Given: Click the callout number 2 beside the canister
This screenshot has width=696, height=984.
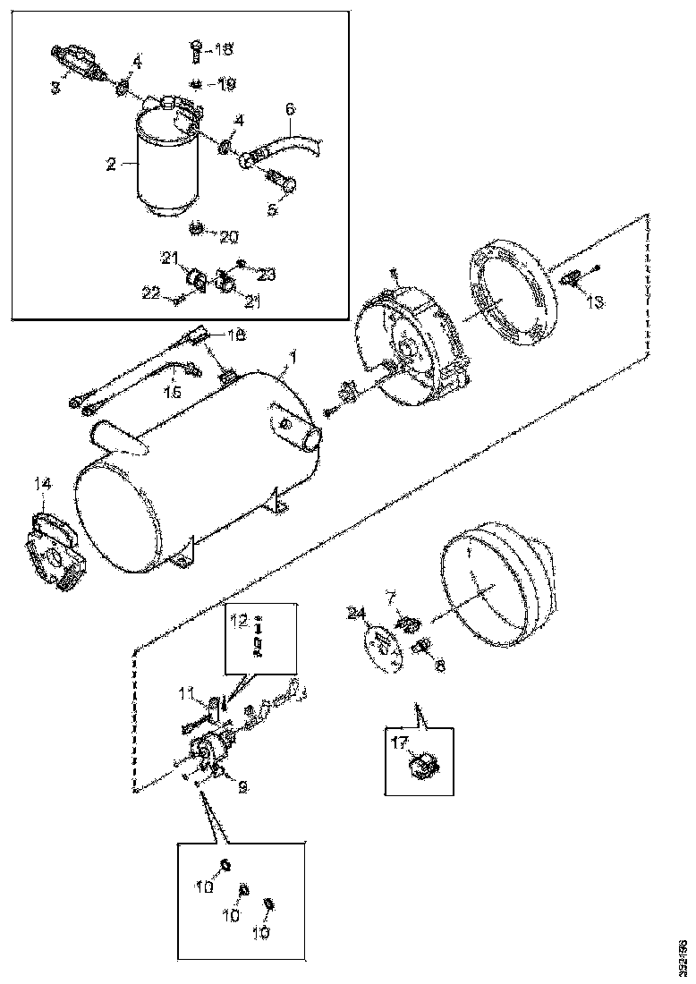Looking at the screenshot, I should tap(111, 164).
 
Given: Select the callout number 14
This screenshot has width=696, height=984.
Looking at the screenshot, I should tap(45, 484).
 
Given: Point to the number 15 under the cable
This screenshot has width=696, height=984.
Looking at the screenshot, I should tap(173, 391).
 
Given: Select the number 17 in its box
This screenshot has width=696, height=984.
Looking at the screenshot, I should tap(398, 741).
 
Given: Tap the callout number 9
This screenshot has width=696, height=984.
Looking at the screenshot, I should tap(242, 787).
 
